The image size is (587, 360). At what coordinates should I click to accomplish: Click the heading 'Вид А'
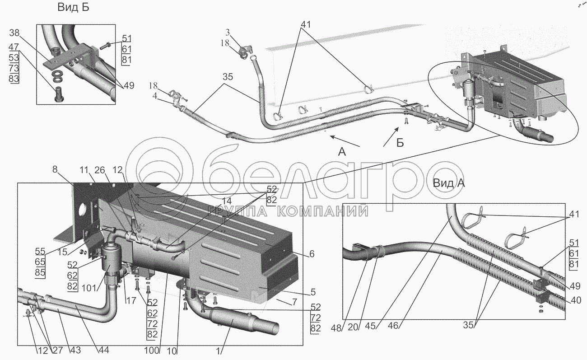point(449,183)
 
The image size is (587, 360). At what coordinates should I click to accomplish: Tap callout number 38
point(14,33)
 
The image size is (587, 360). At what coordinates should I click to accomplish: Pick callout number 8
point(55,170)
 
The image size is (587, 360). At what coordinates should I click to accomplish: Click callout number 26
point(99,170)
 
